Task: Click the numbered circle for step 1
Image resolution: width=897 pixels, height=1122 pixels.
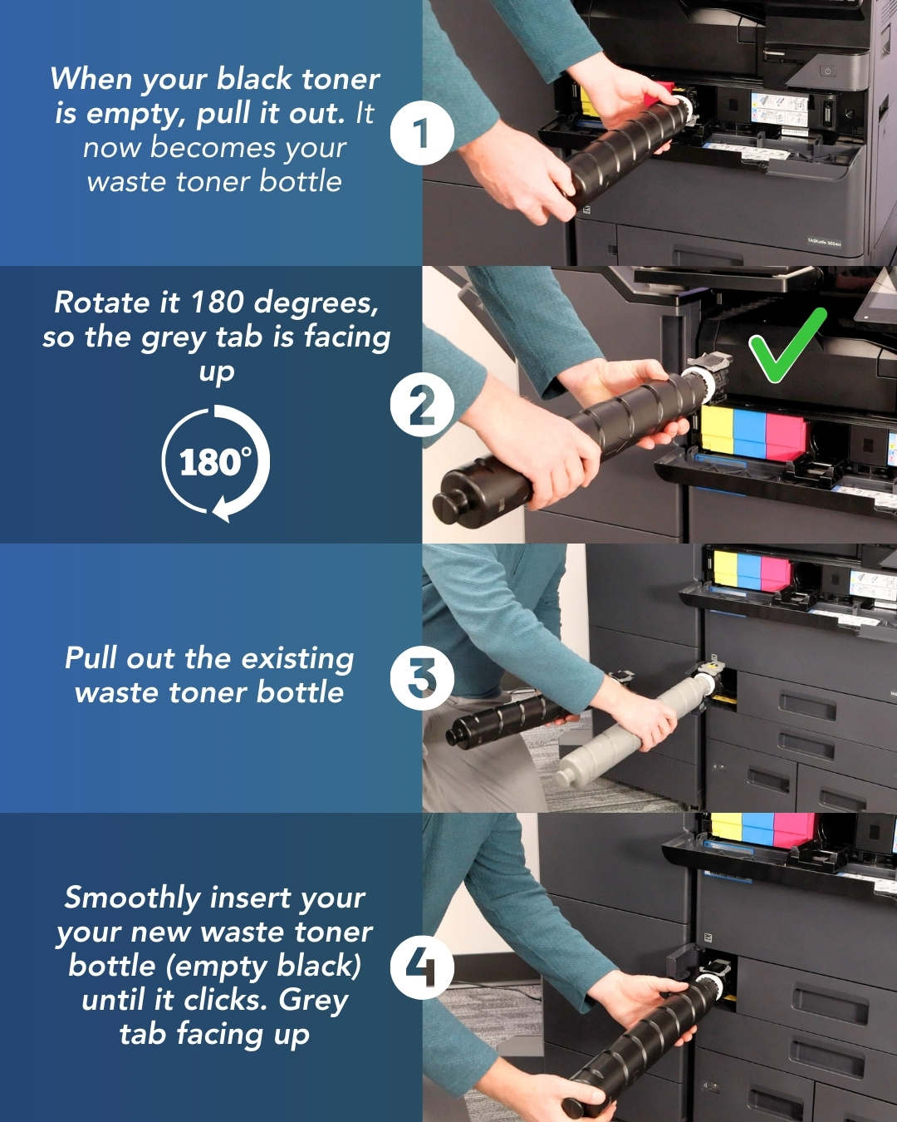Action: (422, 133)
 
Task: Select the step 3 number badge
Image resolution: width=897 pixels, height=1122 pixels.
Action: (422, 678)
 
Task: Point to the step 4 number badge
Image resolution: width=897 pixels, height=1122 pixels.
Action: (422, 967)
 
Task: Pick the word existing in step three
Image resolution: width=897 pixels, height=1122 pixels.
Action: (297, 658)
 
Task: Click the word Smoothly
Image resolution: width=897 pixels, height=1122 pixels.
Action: (132, 898)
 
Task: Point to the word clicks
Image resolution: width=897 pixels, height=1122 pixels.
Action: (225, 999)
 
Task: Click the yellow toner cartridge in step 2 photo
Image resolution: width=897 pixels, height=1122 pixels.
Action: (717, 430)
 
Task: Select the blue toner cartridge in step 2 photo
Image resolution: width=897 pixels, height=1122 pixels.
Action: (749, 433)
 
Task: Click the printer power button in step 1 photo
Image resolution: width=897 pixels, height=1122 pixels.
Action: (827, 71)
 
